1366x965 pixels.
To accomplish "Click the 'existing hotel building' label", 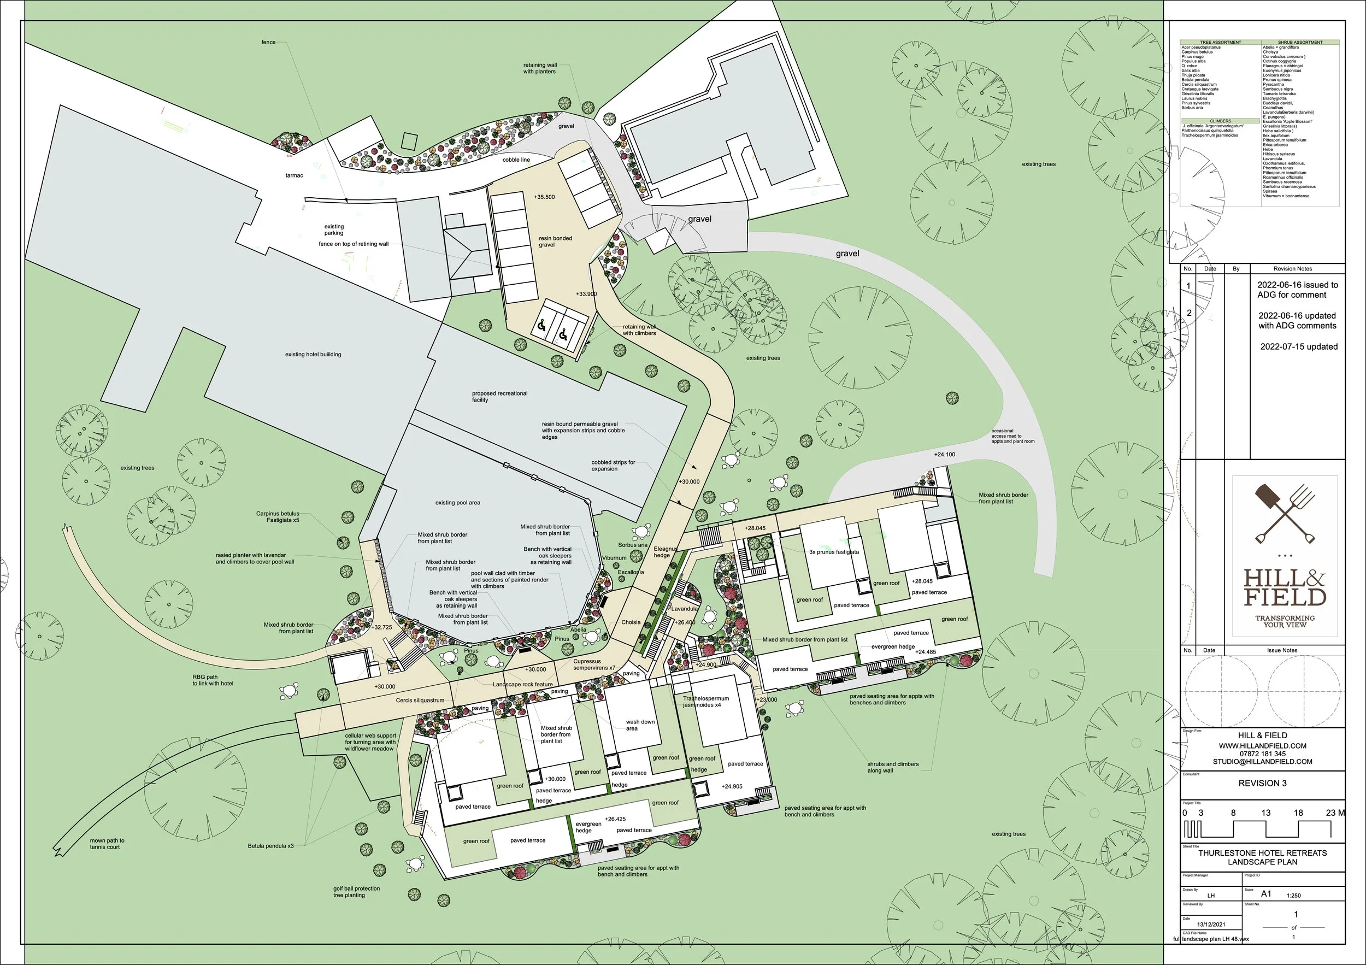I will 313,355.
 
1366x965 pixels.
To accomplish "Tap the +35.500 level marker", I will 544,197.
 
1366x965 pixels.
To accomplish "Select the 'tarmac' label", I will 294,175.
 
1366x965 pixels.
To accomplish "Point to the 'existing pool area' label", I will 457,503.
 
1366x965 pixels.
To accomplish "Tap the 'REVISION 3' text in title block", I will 1263,783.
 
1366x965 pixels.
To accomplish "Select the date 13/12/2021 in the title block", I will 1211,924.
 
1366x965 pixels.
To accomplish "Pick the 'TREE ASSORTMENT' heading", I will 1220,42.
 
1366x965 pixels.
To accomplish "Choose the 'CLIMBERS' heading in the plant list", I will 1220,121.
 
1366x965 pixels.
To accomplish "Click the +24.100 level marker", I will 944,455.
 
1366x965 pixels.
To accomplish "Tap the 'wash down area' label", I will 640,725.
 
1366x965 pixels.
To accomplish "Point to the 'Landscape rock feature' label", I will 522,684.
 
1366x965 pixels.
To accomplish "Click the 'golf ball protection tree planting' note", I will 356,892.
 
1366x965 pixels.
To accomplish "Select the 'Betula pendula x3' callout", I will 270,846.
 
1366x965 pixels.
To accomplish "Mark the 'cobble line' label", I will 516,160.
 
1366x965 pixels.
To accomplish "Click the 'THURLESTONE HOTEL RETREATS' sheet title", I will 1263,852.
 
